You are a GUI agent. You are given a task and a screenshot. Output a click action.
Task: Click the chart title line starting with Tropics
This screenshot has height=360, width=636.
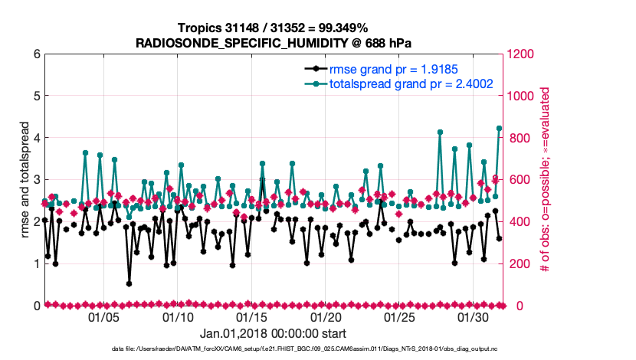[x=273, y=28]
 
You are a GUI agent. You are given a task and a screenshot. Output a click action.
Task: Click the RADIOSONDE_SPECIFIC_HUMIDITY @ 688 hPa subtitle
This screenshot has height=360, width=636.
[x=273, y=43]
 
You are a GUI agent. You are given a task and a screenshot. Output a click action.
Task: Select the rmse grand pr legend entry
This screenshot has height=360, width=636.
[x=392, y=69]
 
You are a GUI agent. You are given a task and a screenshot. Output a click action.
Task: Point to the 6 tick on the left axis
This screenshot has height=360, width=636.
[x=37, y=54]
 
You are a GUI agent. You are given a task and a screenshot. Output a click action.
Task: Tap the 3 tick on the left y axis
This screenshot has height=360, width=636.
[x=37, y=180]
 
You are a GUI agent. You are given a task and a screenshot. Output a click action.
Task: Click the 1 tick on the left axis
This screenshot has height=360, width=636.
[x=37, y=263]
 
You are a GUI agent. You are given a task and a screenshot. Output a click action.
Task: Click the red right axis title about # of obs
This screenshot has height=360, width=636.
[x=546, y=180]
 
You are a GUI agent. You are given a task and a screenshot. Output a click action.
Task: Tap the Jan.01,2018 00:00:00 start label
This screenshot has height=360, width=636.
[x=273, y=334]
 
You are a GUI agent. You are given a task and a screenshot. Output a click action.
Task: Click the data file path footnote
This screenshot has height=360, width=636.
[x=273, y=349]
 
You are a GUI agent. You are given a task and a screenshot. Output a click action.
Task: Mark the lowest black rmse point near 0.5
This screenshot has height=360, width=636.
[x=129, y=283]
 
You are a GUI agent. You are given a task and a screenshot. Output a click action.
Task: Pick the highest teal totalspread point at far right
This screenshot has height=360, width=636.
[x=499, y=129]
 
